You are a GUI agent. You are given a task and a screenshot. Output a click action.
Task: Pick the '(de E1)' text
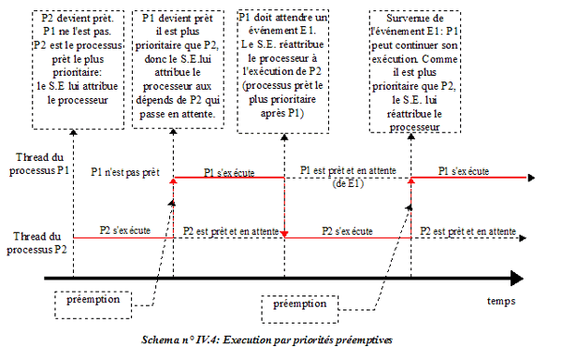(348, 183)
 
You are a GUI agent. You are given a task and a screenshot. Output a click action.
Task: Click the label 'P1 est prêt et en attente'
(348, 172)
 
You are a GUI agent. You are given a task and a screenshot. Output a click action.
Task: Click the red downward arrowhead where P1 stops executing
(283, 234)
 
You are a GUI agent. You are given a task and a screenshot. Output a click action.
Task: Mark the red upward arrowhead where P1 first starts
(173, 181)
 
